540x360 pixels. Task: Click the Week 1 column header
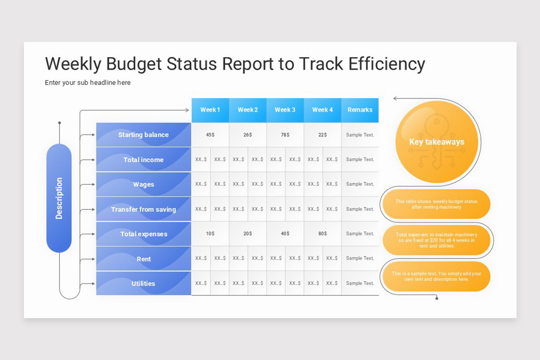[210, 110]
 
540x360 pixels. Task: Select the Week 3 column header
[285, 110]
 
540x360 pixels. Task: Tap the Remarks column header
[360, 110]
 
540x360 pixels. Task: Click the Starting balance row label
[144, 135]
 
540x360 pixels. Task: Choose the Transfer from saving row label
[144, 209]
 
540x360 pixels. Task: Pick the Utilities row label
[144, 283]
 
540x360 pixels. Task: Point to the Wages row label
[144, 184]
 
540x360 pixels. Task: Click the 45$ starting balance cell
[210, 135]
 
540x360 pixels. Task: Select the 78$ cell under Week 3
[285, 135]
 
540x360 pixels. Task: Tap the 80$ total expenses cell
[323, 234]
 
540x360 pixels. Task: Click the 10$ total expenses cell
[210, 234]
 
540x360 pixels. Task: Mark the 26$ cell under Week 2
[247, 135]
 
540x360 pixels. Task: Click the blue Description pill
[59, 198]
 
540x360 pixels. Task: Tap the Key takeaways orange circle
[436, 142]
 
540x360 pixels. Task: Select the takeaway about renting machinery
[436, 204]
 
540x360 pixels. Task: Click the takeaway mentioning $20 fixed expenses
[436, 240]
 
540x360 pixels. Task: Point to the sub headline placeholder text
[88, 83]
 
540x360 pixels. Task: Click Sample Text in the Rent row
[360, 258]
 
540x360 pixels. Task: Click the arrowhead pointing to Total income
[93, 160]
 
